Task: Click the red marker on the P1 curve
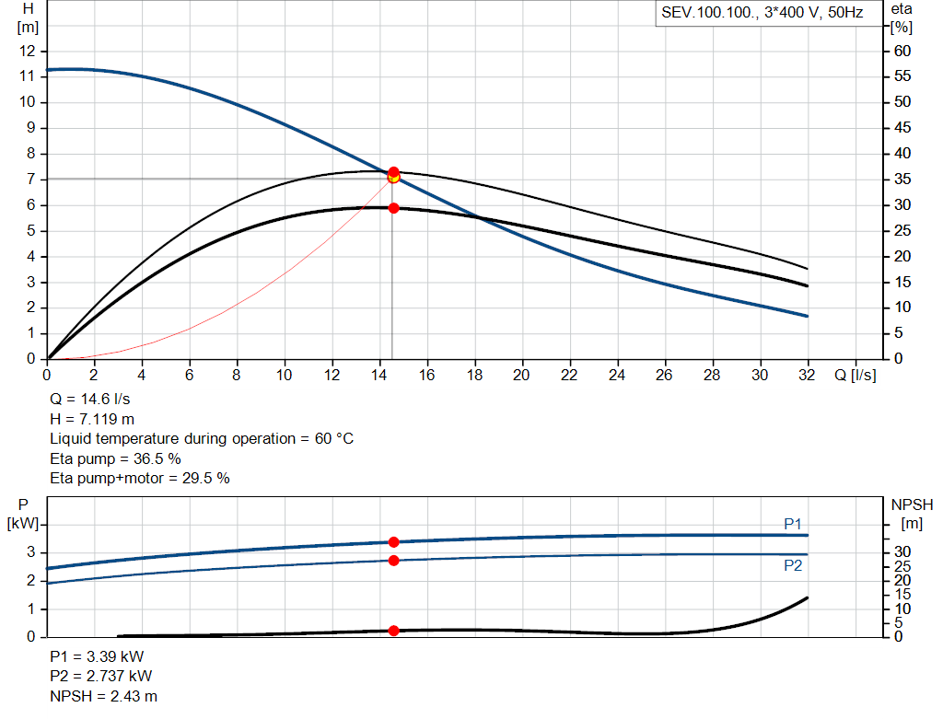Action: point(393,542)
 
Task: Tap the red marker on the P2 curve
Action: point(393,561)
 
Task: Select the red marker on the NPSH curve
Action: point(393,631)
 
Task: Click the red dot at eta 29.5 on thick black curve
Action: point(393,208)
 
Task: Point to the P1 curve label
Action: point(792,524)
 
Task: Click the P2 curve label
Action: point(792,566)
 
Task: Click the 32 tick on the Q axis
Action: point(808,376)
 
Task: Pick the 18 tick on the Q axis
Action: point(475,376)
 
